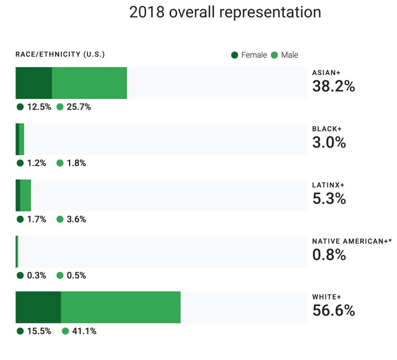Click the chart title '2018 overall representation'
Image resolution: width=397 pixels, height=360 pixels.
(225, 12)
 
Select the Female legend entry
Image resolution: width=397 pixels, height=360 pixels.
(249, 55)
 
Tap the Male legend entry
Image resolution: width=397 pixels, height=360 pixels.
(285, 55)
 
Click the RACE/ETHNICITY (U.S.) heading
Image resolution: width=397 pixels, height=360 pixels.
(60, 54)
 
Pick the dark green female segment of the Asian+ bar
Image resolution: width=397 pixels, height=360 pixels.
(34, 83)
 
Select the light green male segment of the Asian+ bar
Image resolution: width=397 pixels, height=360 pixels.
(89, 83)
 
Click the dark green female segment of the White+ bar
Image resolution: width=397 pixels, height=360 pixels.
(38, 307)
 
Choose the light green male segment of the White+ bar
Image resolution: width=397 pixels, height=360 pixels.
(121, 307)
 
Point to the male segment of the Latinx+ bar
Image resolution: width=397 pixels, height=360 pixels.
(25, 195)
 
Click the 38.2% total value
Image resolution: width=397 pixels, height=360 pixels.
(333, 86)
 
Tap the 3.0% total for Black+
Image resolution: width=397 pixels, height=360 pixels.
(329, 142)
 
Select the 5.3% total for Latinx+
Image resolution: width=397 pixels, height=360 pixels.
(329, 198)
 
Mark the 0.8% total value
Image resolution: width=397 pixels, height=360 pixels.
(329, 255)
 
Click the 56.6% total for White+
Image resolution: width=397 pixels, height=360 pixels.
(333, 311)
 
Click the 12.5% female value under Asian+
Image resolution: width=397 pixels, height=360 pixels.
(39, 107)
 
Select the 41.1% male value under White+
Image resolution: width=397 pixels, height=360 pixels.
(84, 331)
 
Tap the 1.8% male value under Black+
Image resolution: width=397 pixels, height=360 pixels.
(76, 163)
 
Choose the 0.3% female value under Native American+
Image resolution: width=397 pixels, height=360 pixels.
(37, 275)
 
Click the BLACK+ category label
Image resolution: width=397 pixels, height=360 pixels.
(327, 129)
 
